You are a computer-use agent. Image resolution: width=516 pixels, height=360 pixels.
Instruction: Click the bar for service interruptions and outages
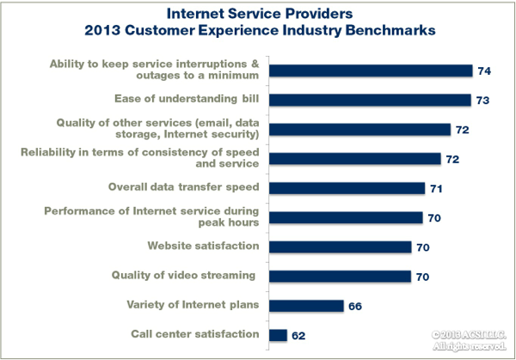coord(371,70)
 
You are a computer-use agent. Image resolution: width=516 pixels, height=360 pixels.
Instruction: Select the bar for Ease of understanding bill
coord(370,100)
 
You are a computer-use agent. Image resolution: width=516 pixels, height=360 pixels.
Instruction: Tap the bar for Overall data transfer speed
coord(347,188)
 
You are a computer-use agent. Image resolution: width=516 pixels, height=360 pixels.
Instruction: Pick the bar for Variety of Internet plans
coord(307,305)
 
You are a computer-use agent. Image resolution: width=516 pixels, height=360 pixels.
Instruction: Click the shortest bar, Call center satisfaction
coord(278,334)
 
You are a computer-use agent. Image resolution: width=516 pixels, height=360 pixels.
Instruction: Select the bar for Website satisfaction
coord(341,247)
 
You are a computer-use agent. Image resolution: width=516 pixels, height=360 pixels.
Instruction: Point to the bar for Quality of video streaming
coord(341,276)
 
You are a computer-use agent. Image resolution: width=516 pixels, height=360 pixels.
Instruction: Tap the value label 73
coord(484,101)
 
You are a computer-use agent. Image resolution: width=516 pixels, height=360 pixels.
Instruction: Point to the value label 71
coord(439,188)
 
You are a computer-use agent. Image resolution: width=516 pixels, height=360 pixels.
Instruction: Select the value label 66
coord(358,305)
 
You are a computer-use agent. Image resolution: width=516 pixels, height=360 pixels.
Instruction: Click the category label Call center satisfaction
coord(195,334)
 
